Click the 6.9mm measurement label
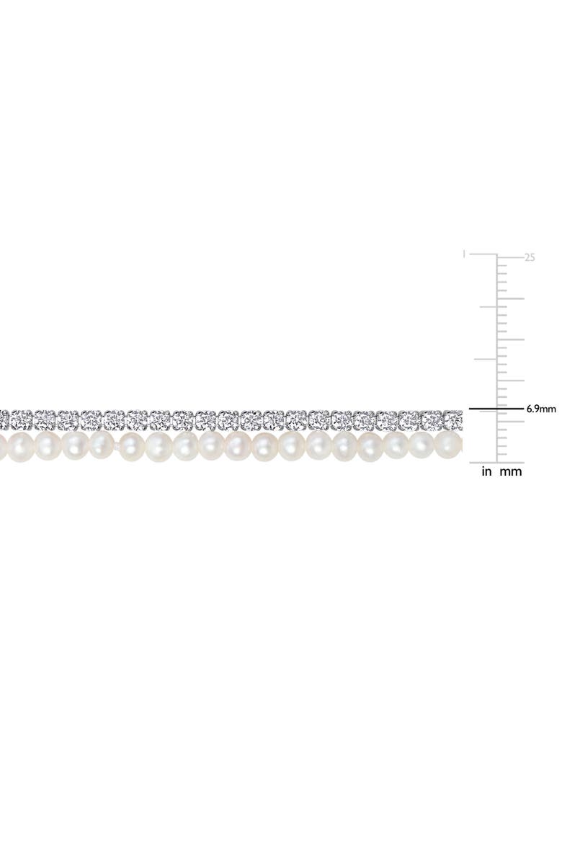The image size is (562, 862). (541, 409)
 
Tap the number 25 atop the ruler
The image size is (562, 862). (530, 257)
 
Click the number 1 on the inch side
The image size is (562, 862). (465, 254)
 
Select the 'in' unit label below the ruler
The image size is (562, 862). (487, 472)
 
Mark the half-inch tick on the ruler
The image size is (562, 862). (485, 359)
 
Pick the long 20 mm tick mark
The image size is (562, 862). (511, 298)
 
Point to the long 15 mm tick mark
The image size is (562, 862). (511, 339)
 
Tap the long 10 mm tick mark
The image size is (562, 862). (511, 381)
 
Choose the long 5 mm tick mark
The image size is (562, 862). (511, 422)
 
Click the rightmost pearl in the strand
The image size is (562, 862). (449, 445)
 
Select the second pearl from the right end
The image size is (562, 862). (421, 445)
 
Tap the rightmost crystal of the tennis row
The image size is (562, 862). (453, 419)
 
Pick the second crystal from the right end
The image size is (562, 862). (432, 419)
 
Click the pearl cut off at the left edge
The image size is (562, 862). (2, 445)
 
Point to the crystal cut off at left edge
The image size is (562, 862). (3, 417)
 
